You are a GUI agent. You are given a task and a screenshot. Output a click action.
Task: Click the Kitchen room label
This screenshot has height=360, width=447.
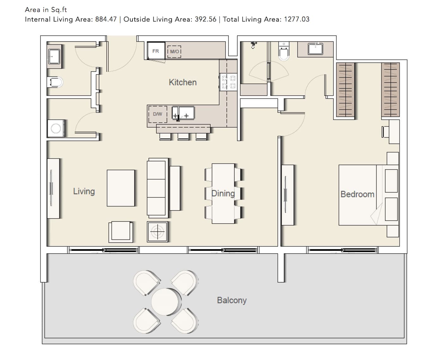(x=183, y=82)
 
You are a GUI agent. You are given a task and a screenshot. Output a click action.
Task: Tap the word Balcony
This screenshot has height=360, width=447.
(x=232, y=300)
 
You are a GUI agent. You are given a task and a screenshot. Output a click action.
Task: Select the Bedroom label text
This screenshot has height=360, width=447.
(x=357, y=194)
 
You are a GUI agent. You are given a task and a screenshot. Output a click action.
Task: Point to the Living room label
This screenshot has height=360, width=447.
(x=84, y=191)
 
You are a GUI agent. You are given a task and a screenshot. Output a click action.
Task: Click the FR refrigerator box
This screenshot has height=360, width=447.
(x=156, y=51)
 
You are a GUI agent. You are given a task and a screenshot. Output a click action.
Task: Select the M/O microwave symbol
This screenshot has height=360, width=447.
(x=174, y=52)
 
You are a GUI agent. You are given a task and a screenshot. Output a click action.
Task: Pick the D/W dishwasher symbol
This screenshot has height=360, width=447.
(x=158, y=114)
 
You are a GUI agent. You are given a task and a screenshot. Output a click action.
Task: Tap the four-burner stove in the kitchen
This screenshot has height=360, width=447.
(x=228, y=82)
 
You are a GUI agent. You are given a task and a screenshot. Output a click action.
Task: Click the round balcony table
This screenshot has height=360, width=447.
(x=165, y=302)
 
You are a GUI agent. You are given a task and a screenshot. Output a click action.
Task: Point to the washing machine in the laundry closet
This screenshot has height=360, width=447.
(x=56, y=128)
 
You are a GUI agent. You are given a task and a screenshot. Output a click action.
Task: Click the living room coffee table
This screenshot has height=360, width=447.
(x=121, y=188)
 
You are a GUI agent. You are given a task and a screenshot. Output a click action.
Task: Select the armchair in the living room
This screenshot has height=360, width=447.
(x=121, y=232)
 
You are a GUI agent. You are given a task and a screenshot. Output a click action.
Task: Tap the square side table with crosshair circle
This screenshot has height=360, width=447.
(x=157, y=232)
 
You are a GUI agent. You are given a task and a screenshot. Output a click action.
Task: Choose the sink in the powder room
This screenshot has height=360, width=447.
(x=54, y=57)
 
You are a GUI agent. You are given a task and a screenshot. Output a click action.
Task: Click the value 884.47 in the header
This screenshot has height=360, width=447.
(x=106, y=19)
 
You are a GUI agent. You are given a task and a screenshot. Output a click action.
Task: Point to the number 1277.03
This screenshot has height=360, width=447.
(x=297, y=19)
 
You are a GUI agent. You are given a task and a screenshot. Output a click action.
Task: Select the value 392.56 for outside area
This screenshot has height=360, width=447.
(x=205, y=19)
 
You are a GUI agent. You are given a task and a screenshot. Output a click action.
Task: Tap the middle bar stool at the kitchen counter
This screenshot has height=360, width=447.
(x=183, y=137)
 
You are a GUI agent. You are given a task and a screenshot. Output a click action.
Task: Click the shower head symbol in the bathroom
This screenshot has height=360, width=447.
(x=253, y=45)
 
